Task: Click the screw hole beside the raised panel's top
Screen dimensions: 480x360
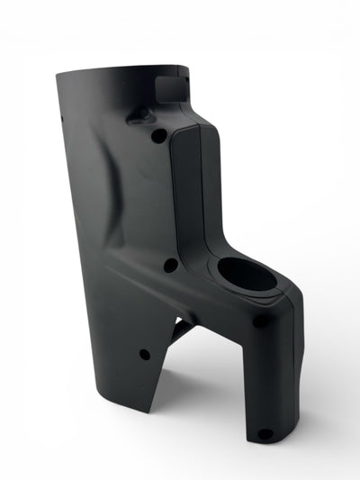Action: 158,135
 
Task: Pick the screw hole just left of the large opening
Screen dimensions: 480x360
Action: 169,265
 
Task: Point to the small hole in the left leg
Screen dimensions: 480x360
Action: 144,354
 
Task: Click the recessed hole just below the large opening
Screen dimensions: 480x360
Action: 259,321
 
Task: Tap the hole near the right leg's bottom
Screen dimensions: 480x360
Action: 264,434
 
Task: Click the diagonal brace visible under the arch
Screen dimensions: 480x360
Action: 181,330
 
